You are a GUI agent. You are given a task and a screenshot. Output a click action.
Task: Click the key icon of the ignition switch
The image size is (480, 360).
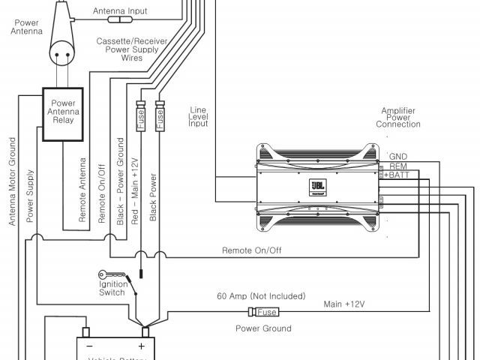[x=106, y=274]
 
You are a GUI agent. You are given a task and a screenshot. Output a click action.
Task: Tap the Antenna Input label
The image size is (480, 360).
[x=120, y=12]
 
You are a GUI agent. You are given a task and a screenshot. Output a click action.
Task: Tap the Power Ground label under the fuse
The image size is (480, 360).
[x=263, y=328]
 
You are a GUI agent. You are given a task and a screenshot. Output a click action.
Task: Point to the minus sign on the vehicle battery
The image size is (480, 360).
[x=89, y=346]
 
